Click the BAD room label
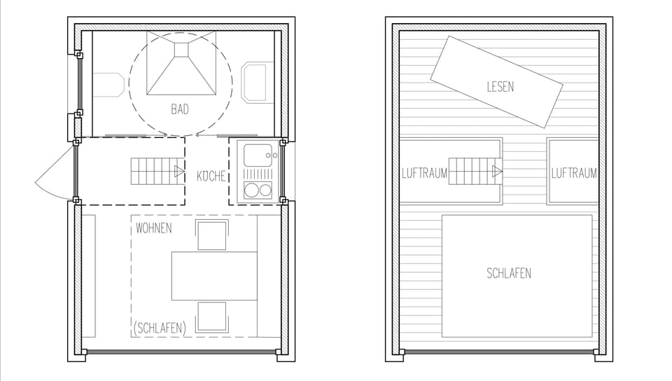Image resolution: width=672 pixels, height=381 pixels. (x=180, y=110)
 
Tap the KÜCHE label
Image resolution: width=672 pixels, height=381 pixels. (x=211, y=176)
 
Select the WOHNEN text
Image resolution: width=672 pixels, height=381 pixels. (x=154, y=228)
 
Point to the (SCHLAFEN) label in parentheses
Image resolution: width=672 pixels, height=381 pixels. (x=160, y=328)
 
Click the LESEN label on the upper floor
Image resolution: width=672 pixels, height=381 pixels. (x=500, y=87)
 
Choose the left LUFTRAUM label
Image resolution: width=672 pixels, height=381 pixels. (x=424, y=173)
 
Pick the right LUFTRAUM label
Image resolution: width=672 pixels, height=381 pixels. (x=574, y=173)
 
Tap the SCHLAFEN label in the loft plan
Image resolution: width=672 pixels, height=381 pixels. (x=509, y=273)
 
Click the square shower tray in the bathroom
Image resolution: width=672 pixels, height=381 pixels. (x=181, y=69)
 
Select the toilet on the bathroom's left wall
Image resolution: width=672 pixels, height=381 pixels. (x=109, y=85)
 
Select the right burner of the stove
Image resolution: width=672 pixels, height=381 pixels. (x=264, y=190)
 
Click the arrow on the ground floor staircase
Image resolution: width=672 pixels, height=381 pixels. (x=179, y=170)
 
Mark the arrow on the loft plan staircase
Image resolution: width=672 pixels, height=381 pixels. (x=497, y=170)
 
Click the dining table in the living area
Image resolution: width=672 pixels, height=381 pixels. (x=214, y=275)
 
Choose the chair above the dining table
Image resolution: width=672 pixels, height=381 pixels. (x=213, y=235)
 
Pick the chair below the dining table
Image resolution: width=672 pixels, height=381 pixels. (x=212, y=316)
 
